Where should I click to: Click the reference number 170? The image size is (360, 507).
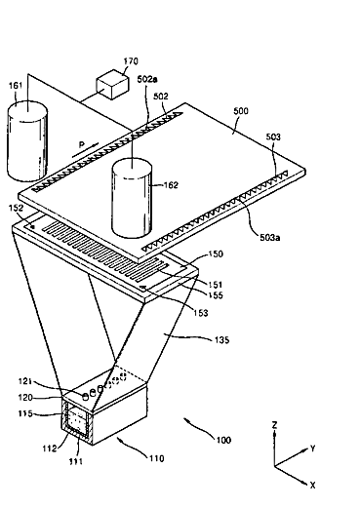pos(131,61)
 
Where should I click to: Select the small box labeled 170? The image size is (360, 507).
pos(112,84)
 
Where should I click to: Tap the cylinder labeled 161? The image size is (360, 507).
pos(27,141)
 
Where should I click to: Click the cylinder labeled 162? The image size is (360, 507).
pos(132,199)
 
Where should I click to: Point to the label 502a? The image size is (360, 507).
pos(147,79)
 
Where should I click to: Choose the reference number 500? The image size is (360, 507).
pos(241,111)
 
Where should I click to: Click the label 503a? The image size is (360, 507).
pos(270,238)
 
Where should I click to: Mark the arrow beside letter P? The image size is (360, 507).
pos(85,151)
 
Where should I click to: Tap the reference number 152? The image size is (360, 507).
pos(16,209)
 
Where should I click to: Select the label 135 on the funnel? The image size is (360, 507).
pos(222,340)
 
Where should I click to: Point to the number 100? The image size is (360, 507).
pos(223,440)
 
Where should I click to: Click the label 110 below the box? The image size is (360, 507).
pos(157,458)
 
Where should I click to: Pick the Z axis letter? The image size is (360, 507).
pos(275,425)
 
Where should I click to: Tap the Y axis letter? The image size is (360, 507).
pos(313,448)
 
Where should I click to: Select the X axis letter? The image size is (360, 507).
pos(312,486)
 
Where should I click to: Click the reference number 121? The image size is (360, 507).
pos(25,381)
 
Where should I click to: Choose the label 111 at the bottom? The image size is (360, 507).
pos(75,461)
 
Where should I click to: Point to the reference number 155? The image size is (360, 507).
pos(216,295)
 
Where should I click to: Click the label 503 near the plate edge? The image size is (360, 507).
pos(273,136)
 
